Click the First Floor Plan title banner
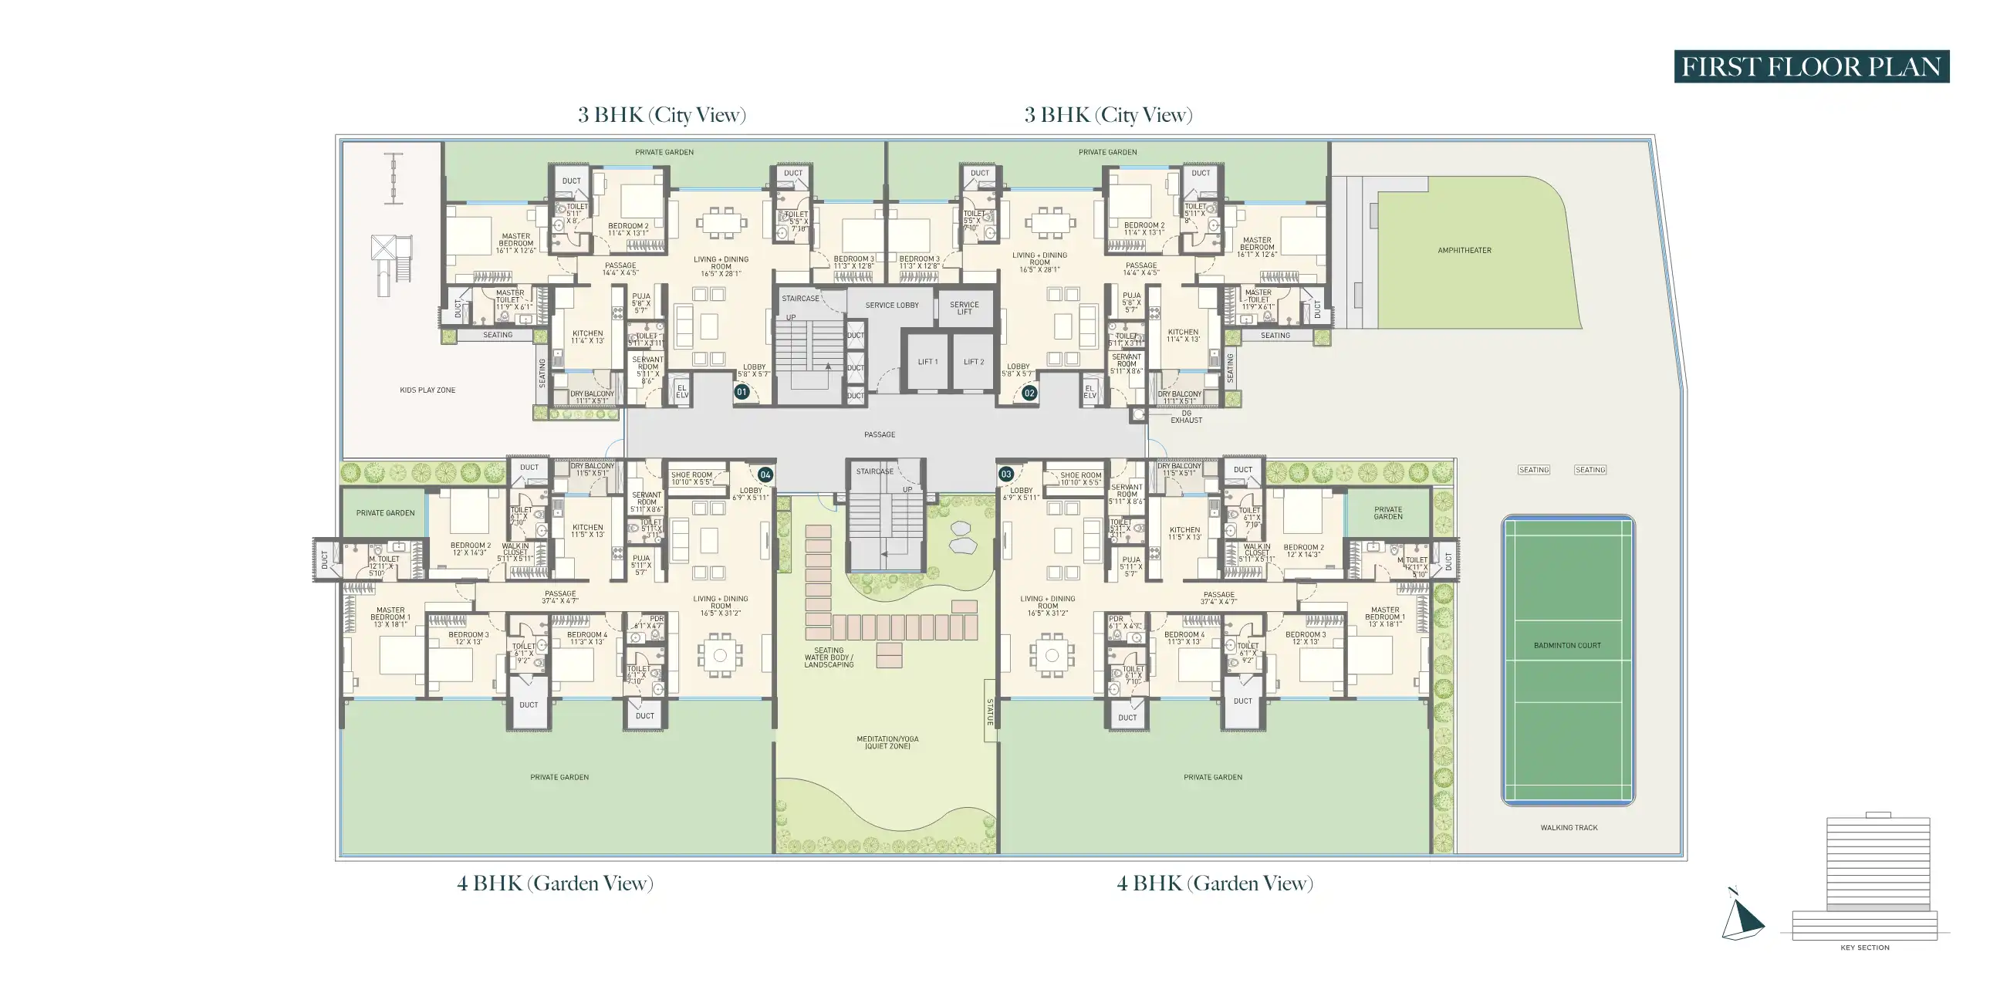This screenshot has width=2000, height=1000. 1810,67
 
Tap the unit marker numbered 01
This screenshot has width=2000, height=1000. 742,392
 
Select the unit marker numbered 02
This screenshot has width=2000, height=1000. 1029,393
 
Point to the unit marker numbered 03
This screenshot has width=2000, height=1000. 1006,474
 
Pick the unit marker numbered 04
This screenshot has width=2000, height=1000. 765,475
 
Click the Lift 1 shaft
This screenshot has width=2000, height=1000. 927,362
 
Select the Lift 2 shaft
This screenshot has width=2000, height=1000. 974,362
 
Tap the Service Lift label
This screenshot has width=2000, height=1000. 965,308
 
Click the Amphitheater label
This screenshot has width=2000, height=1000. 1465,251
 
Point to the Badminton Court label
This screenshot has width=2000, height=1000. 1567,645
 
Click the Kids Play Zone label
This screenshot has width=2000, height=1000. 427,390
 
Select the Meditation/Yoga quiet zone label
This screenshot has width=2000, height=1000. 887,742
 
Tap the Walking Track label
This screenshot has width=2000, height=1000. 1569,828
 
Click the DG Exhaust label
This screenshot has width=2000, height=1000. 1186,417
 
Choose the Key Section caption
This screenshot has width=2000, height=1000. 1864,948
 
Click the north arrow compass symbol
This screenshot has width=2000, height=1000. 1742,917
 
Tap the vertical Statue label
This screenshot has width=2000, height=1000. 990,711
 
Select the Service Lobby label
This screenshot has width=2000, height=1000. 891,305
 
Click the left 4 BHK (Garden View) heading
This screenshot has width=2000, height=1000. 555,883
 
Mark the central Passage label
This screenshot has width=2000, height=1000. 880,434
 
